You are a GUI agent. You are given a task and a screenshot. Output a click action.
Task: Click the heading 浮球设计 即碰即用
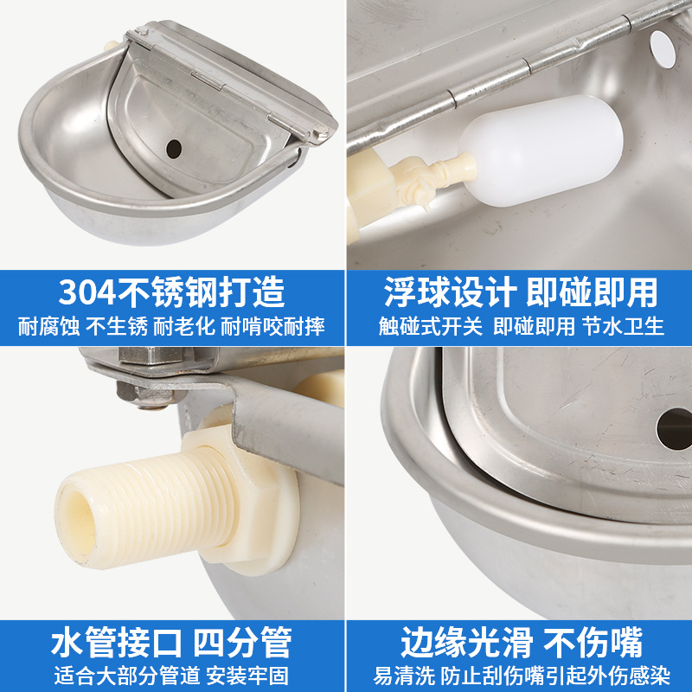point(520,292)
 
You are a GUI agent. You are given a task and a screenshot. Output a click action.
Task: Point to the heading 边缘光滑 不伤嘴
point(520,643)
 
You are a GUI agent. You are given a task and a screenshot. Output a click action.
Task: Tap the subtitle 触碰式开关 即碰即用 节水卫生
point(520,327)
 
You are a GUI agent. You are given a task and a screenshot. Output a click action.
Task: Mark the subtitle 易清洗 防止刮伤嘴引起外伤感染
point(520,675)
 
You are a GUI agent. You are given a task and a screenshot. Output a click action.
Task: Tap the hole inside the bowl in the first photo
point(174,148)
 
